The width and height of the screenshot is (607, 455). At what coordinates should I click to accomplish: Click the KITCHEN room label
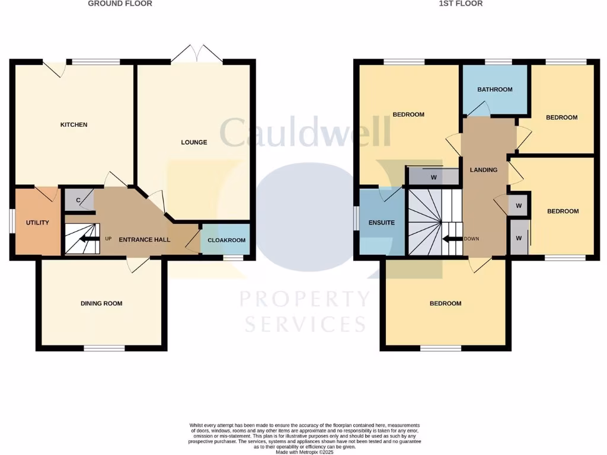point(74,124)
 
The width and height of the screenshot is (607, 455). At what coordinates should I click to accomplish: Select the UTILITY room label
point(37,223)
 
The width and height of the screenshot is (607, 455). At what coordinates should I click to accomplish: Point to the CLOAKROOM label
point(225,241)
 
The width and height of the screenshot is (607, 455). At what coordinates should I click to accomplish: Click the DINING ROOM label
point(101,303)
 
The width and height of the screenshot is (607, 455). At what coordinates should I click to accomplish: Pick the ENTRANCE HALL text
point(145,240)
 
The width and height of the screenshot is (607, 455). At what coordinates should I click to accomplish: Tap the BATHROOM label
point(495,89)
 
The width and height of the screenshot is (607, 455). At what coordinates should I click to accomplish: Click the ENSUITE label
point(382,223)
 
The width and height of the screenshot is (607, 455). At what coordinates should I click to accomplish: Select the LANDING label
point(484,170)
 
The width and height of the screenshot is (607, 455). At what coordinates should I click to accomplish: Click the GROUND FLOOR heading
point(120,4)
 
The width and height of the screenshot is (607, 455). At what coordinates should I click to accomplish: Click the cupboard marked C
point(78,200)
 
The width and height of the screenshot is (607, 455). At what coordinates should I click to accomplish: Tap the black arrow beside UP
point(90,239)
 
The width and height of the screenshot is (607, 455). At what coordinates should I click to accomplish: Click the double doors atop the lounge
point(197,53)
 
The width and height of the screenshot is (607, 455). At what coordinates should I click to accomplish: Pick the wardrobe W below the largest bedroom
point(433,177)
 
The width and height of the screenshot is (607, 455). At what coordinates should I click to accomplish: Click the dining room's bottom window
point(104,348)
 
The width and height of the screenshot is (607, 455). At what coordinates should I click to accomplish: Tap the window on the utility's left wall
point(11,222)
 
